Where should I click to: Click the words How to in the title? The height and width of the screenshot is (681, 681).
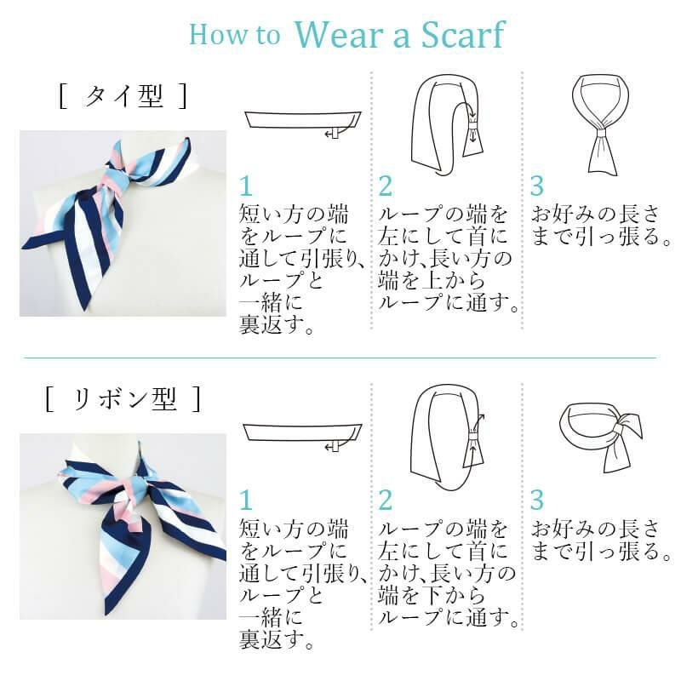tap(235, 34)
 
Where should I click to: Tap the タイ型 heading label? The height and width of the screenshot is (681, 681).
tap(123, 96)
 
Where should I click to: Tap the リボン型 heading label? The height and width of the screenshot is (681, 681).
tap(123, 398)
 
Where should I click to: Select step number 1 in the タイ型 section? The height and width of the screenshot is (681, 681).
tap(246, 186)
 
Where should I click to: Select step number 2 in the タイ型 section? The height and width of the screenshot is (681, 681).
tap(386, 186)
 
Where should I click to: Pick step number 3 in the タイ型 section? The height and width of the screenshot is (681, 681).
tap(537, 186)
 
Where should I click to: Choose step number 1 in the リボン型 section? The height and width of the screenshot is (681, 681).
tap(246, 500)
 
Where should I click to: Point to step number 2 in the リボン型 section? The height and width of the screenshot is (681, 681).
tap(386, 500)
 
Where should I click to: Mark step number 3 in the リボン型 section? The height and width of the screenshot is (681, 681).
tap(537, 500)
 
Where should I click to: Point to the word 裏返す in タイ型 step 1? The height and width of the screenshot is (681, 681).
tap(272, 324)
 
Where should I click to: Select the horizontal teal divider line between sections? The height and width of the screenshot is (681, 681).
tap(340, 358)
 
